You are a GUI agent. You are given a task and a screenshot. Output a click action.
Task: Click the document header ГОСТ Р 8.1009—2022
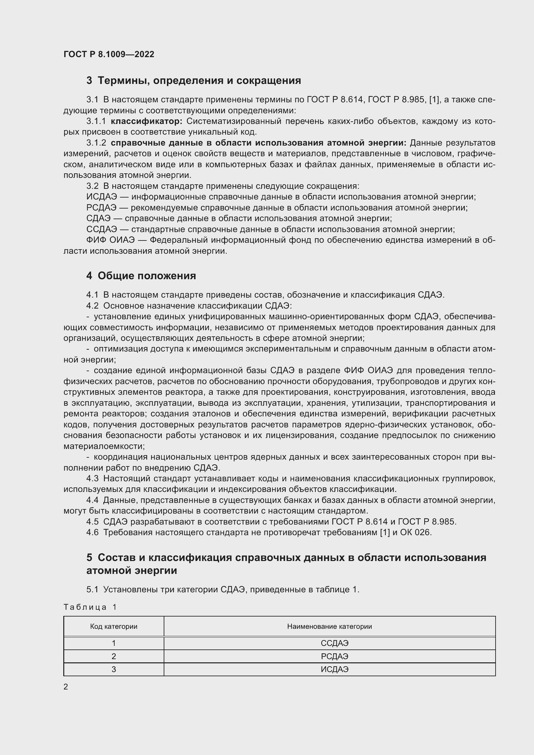[109, 54]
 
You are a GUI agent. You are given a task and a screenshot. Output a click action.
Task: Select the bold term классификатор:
[147, 121]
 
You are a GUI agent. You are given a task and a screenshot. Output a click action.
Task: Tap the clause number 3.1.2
[96, 143]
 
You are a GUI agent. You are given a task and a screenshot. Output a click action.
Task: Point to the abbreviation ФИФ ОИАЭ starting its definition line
[110, 240]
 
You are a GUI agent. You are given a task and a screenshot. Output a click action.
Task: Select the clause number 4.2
[92, 306]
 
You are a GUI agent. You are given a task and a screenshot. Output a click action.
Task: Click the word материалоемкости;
[104, 446]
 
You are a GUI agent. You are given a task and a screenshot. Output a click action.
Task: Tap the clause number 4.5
[92, 522]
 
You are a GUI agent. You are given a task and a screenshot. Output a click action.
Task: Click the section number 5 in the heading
[89, 558]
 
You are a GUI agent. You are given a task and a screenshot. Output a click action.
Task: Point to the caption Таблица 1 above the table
[90, 607]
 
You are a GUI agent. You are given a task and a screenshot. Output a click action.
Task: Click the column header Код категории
[114, 627]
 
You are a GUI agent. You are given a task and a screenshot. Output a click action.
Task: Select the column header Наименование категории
[330, 627]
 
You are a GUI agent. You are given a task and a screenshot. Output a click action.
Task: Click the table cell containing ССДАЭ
[334, 643]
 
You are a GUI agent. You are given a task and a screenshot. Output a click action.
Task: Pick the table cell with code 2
[114, 656]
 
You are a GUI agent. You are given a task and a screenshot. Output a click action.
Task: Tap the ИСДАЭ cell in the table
[334, 669]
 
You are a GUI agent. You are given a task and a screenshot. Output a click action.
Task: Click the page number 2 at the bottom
[66, 687]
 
